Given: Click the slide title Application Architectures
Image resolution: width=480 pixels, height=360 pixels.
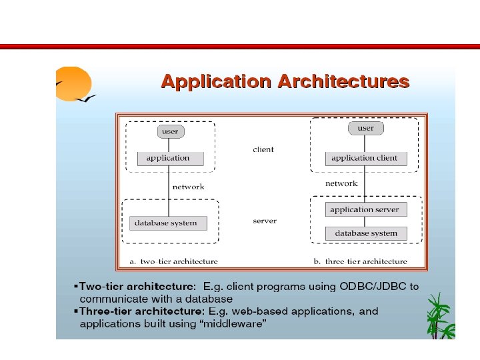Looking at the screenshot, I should point(285,82).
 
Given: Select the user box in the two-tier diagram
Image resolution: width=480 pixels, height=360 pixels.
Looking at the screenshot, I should point(170,131).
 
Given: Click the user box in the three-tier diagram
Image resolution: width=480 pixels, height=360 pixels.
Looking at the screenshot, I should point(365,128).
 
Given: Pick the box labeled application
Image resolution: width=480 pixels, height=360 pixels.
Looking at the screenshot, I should point(168,159).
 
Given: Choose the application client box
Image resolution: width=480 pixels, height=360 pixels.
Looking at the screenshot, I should point(364,159).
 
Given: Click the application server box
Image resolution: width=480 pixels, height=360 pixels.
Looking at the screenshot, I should point(364,209).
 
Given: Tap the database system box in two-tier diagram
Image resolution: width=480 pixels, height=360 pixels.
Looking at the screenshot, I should point(166,223).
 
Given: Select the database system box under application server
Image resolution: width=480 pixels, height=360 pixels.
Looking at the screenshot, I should point(365,234).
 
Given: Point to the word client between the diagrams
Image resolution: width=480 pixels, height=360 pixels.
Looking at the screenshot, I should point(263,149).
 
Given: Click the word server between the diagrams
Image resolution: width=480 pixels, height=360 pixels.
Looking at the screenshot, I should point(265,221).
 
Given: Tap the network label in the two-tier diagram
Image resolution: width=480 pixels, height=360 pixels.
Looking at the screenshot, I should point(188,187).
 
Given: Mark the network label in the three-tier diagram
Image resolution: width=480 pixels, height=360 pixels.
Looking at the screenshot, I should point(341,183).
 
